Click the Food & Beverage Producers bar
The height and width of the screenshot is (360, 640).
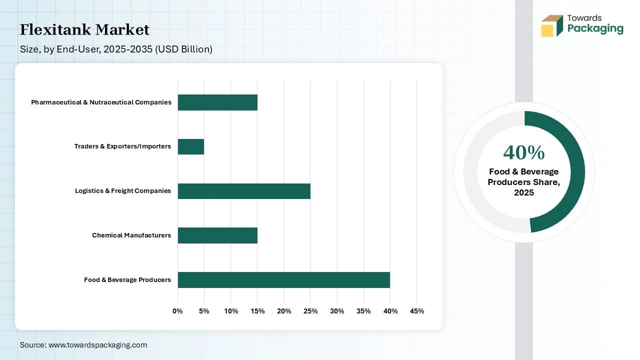(283, 280)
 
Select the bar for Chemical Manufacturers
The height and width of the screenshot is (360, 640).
(217, 235)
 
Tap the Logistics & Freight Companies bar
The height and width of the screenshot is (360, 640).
(244, 191)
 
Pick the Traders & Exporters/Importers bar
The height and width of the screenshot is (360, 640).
(191, 146)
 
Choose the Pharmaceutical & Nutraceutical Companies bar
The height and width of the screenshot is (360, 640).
(217, 102)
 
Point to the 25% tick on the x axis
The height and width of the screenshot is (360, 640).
(310, 311)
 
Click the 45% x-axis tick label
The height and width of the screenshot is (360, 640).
(416, 311)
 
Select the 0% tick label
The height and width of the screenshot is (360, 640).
(178, 311)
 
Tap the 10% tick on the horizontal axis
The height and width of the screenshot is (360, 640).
(231, 311)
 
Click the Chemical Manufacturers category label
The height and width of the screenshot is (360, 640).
(131, 235)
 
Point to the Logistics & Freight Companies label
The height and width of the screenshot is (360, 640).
(123, 191)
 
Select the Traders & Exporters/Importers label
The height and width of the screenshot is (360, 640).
(122, 146)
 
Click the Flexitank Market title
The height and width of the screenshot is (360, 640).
(84, 30)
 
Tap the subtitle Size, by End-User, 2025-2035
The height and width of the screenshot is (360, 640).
(116, 49)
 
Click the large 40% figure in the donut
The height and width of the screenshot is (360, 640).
(523, 152)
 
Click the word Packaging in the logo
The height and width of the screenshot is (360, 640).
(595, 28)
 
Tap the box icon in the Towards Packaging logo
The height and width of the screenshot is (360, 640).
(551, 26)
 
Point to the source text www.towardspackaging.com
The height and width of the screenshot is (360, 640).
(97, 345)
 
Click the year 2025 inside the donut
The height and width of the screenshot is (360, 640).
(524, 193)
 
